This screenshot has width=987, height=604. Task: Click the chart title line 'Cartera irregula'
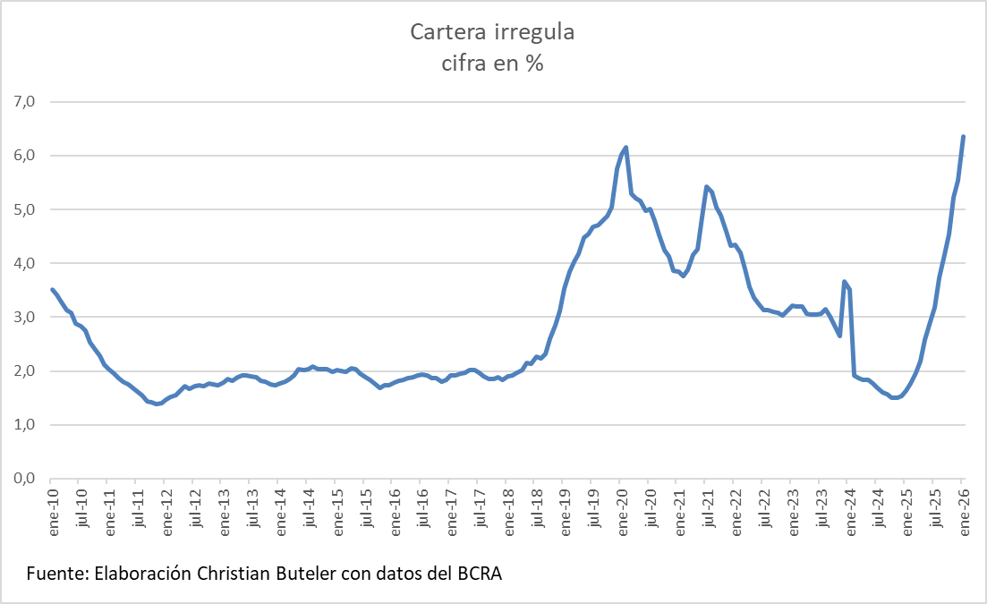click(492, 33)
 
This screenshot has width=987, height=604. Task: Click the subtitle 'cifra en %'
click(492, 64)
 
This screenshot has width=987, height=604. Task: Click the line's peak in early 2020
click(625, 147)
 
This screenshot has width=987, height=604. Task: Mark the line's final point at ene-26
click(963, 136)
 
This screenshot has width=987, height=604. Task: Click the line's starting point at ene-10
click(52, 289)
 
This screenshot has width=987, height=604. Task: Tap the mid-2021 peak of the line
click(707, 186)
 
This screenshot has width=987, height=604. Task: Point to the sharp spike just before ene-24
click(845, 281)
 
